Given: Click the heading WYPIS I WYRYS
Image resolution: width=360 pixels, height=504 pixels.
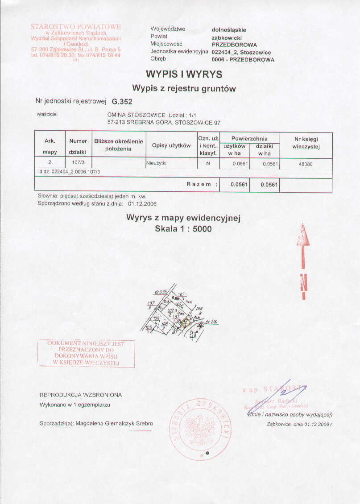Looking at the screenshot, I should [184, 74].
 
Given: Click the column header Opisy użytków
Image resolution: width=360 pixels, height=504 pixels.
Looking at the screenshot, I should [171, 146].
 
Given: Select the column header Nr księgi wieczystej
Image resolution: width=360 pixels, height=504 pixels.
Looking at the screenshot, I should [306, 143].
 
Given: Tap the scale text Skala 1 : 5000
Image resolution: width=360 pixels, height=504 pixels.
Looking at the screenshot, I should [183, 229].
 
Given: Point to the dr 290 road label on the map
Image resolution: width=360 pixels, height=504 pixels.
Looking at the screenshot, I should [211, 322].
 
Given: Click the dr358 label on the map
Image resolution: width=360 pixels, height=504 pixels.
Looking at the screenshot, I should [160, 292].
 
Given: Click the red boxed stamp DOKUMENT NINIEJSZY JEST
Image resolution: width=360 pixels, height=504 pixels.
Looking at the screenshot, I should [86, 353].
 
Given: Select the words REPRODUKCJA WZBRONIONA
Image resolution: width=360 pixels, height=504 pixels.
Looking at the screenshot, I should [81, 395].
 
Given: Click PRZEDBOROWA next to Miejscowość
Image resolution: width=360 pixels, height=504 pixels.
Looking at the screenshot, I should [234, 45].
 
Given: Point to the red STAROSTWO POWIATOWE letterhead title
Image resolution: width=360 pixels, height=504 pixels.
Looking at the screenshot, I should [76, 27].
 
